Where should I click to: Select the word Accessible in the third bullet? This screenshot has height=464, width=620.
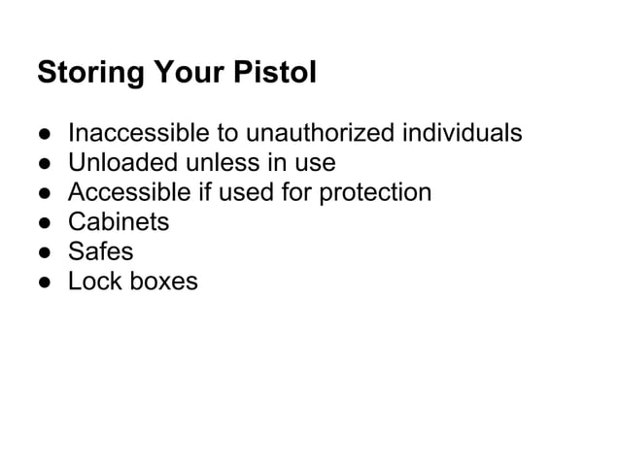[129, 192]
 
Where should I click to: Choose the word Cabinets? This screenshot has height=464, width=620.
[118, 222]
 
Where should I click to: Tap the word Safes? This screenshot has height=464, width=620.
[100, 252]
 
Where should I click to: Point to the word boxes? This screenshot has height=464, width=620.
[164, 282]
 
